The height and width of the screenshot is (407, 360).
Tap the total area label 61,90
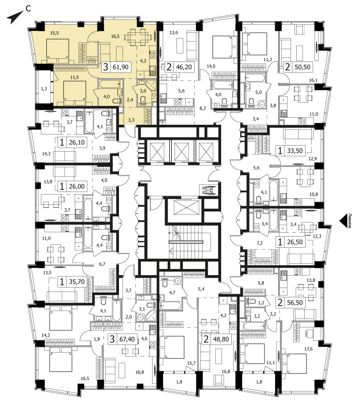pos(121,67)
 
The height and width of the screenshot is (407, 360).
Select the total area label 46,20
pos(184,67)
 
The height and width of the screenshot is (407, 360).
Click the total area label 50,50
pos(303,67)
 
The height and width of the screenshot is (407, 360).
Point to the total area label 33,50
pos(295,150)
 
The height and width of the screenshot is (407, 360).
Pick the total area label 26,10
pos(77,142)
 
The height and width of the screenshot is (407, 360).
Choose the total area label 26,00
pos(77,186)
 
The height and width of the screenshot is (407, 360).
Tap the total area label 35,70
pos(77,282)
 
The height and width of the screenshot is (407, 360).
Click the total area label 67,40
pos(127,339)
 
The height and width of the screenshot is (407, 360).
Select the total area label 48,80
pos(221,339)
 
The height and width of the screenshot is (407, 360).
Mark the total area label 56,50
pos(295,303)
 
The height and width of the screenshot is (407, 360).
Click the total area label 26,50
pos(295,242)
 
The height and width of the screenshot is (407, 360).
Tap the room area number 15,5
pos(54,33)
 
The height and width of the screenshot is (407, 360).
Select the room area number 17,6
pos(308,349)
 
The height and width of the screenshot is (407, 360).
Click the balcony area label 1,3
pos(44,88)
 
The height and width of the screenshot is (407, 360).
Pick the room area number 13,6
pos(174,33)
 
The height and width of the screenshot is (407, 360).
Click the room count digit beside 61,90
pos(105,67)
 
